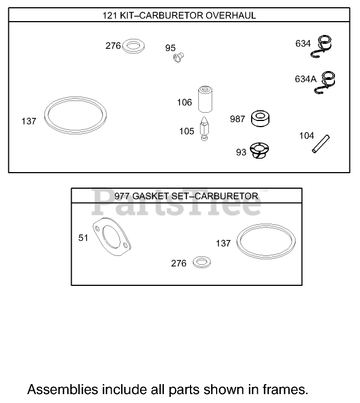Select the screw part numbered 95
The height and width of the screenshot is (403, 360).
pos(179,56)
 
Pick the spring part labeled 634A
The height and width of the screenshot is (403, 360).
pos(328,83)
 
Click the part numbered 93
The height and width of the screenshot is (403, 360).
pos(258,150)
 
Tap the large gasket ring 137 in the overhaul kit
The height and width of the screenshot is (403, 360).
pos(76,117)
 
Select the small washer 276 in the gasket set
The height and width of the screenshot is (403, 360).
pos(201,262)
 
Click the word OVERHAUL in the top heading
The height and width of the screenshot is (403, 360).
pos(231,16)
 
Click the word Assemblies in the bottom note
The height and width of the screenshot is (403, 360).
pos(58,388)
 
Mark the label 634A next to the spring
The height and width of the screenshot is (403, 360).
pos(305,79)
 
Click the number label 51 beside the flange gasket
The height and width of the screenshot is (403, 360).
pos(83,238)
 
